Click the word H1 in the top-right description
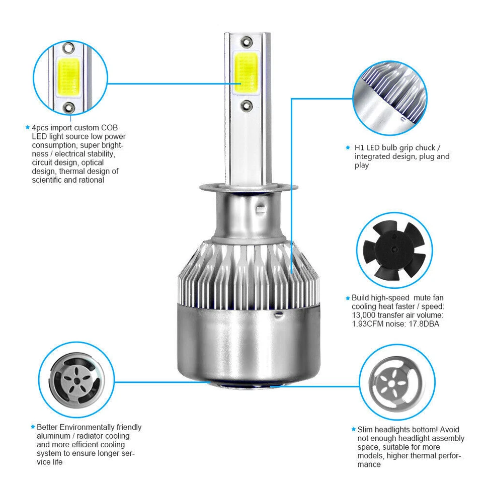359,148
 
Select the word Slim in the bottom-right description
366,430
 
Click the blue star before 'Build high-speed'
348,298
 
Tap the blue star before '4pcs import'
28,128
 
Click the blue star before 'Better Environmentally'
33,427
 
